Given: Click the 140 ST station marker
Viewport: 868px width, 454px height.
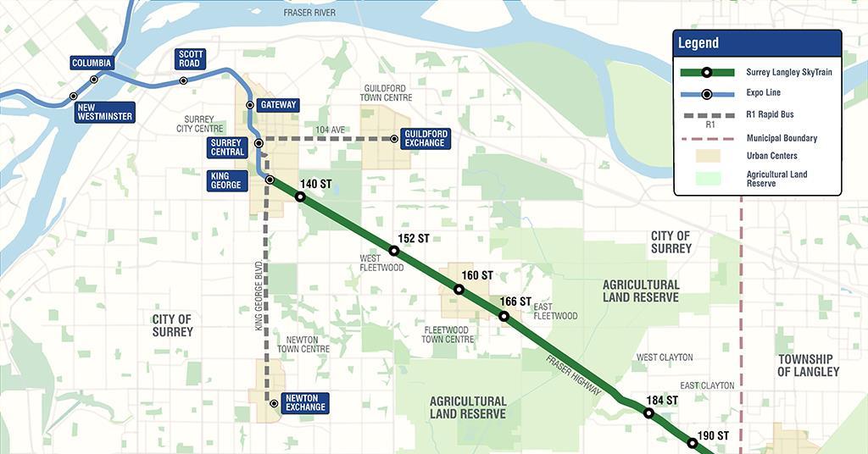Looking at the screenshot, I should click(x=300, y=197).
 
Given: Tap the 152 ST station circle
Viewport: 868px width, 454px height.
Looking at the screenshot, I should click(x=393, y=251).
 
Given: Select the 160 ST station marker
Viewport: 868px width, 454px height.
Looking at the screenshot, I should click(x=459, y=289).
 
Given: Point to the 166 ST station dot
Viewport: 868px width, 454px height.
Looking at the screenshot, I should click(x=504, y=316).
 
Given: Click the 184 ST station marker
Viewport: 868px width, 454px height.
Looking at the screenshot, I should click(x=649, y=413).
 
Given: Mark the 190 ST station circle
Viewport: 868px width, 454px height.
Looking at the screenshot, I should click(x=693, y=443).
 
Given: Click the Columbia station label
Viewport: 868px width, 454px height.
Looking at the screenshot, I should click(x=92, y=64).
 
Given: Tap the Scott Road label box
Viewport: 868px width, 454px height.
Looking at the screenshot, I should click(x=190, y=58).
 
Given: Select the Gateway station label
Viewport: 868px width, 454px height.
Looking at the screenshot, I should click(x=278, y=105).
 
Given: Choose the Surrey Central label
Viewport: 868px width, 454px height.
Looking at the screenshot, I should click(x=228, y=147).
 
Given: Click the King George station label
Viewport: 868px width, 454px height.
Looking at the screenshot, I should click(x=226, y=180).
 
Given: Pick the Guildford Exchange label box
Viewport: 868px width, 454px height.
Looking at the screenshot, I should click(x=425, y=138).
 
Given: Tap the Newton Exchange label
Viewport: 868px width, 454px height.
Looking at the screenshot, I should click(x=305, y=402).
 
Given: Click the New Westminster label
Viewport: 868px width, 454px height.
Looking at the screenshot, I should click(x=104, y=112).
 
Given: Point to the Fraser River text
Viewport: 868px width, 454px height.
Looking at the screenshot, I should click(x=310, y=13).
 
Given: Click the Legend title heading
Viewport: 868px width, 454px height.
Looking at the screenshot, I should click(x=698, y=43).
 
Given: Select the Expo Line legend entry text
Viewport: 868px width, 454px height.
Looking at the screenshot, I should click(x=763, y=92).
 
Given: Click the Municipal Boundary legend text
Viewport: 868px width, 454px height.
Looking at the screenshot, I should click(x=782, y=138).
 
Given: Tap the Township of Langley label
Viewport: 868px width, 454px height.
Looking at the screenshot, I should click(x=809, y=365).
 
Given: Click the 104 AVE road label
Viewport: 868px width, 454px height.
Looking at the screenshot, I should click(x=331, y=130).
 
